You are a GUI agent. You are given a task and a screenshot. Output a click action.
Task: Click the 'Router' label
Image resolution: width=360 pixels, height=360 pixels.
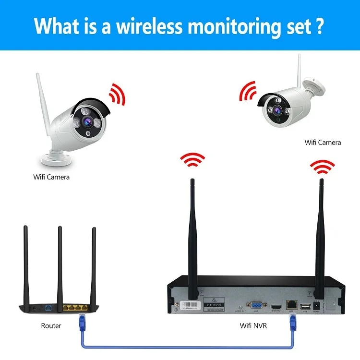click(51, 325)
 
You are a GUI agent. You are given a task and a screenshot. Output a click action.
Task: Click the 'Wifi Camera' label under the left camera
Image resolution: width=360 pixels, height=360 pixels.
click(51, 177)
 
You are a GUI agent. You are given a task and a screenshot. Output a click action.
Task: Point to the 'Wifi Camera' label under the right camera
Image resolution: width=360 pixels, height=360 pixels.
click(323, 142)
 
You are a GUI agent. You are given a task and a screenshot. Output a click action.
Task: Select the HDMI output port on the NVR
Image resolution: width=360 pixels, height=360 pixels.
click(276, 306)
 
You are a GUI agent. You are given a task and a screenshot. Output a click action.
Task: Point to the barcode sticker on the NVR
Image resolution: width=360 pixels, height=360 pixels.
click(189, 304)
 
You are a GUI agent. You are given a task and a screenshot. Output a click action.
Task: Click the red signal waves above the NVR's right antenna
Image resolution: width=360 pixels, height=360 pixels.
click(322, 167)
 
